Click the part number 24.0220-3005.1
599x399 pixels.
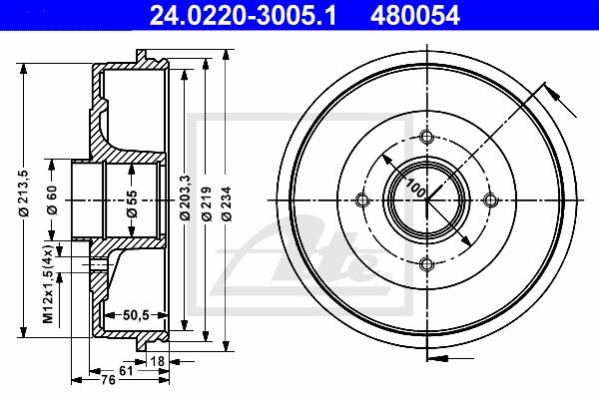pos(243,16)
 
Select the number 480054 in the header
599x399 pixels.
pos(415,16)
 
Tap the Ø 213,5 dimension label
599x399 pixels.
pos(24,194)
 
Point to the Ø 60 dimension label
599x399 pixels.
pos(52,199)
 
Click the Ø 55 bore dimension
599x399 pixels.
pos(132,203)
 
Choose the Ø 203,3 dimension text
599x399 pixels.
pos(185,197)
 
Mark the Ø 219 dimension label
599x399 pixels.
pos(207,203)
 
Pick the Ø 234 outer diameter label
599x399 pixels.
pos(227,203)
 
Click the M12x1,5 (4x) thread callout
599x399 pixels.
pos(48,283)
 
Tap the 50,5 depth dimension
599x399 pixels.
pos(136,315)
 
